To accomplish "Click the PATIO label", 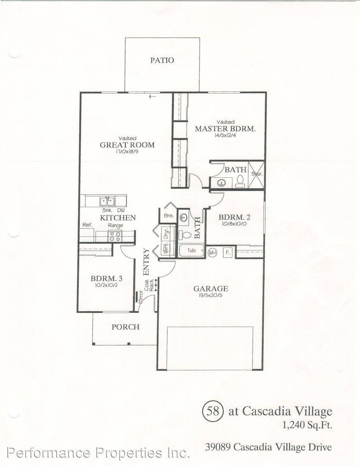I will [162, 60].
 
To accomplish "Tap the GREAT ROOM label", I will [127, 145].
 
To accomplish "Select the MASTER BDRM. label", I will [225, 129].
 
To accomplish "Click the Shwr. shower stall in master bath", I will [257, 174].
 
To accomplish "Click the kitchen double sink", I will [106, 201].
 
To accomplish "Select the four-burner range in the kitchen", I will [115, 236].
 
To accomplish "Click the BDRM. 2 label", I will [234, 217].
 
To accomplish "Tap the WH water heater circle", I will [212, 252].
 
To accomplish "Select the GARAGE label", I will [210, 289].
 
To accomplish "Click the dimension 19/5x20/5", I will [210, 296].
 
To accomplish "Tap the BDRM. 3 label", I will [104, 278].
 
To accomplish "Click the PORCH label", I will [125, 327].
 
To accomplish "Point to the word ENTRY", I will [146, 262].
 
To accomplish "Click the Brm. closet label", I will [168, 215].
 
